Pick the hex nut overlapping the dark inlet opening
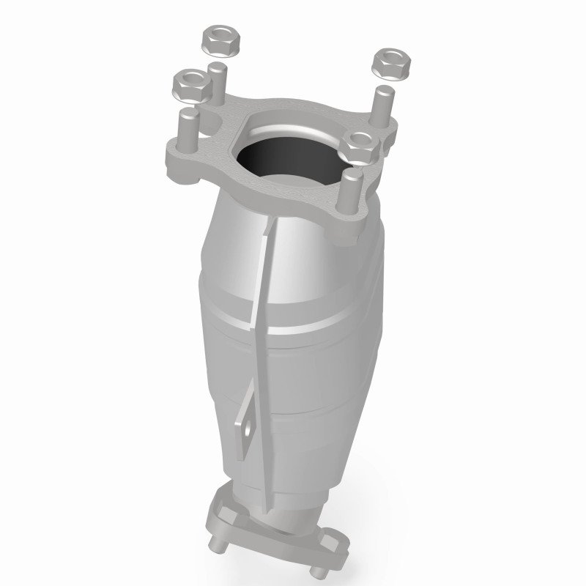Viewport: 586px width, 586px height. point(360,145)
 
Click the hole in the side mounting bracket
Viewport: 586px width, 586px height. point(247,420)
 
